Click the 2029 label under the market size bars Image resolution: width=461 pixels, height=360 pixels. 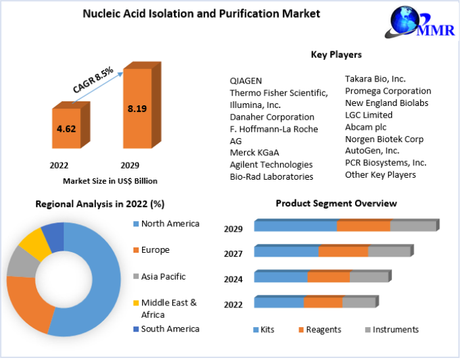[x=130, y=165]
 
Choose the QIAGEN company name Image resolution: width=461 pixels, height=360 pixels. [x=246, y=80]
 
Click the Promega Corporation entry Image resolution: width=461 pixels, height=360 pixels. [x=388, y=91]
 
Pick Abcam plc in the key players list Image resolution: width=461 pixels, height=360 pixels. [x=366, y=127]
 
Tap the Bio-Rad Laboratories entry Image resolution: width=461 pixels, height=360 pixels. [x=271, y=176]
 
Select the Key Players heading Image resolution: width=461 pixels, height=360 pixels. [x=336, y=55]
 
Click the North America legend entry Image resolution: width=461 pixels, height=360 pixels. [x=170, y=224]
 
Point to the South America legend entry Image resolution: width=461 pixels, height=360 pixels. [x=170, y=328]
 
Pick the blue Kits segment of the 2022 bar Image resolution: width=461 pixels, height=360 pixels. [x=279, y=303]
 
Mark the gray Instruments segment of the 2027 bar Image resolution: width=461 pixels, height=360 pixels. [x=389, y=251]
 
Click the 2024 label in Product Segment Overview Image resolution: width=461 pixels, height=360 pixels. [x=233, y=279]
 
